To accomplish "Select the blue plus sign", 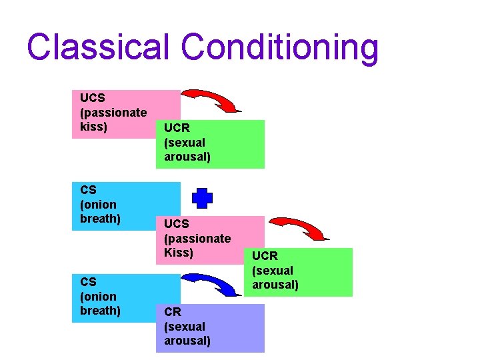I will pos(203,198).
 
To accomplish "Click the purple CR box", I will pos(210,328).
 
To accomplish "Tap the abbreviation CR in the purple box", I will pos(172,312).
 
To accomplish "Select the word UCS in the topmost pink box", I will pos(92,98).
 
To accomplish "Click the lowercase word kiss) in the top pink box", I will pos(93,127).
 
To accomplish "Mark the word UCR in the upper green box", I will pos(177,128).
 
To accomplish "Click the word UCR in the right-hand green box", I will pos(265,256).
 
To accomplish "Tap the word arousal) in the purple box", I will pos(187,341).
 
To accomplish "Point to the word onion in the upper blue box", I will pos(98,205).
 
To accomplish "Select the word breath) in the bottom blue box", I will pos(100,311).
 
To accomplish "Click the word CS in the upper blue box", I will pos(88,190).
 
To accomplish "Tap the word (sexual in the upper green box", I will pos(185,143).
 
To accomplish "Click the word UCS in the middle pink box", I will pos(177,224).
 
